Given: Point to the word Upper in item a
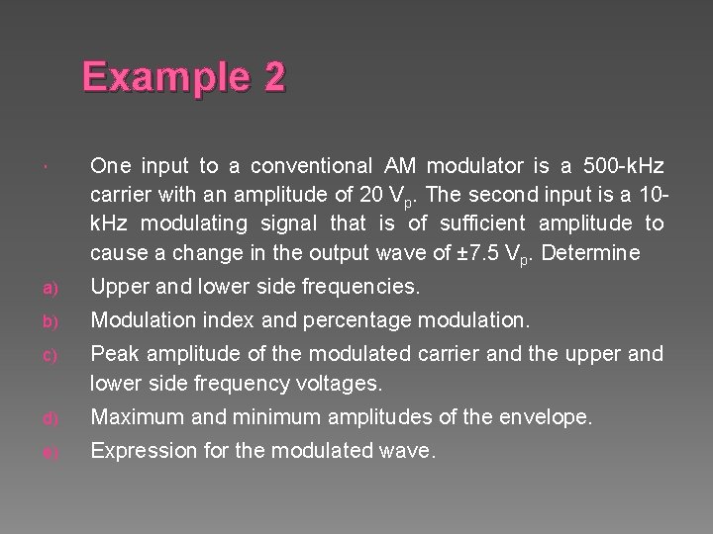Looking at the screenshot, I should [119, 288].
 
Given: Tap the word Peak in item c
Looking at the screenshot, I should [113, 353].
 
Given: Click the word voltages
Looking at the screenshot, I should [337, 383].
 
